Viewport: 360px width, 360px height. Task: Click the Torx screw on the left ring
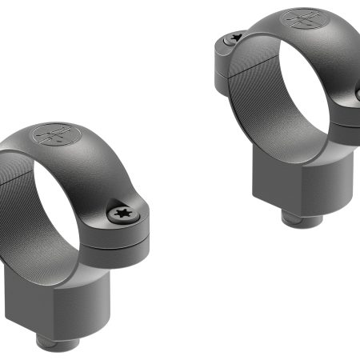(122, 213)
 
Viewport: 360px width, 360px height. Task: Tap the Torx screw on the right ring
(234, 36)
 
